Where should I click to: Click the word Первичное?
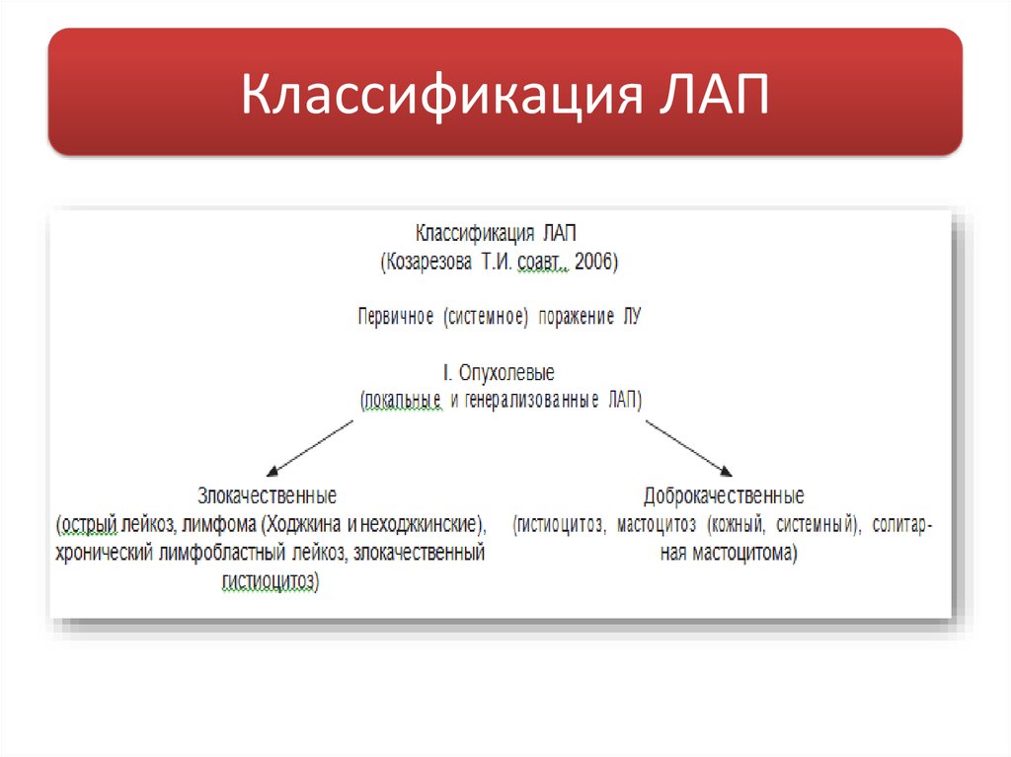click(x=396, y=317)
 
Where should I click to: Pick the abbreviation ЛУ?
click(x=633, y=317)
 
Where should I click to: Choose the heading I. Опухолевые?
click(x=499, y=374)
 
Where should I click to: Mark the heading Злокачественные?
click(x=267, y=493)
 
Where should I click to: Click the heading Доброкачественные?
click(x=724, y=494)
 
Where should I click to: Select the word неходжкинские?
click(x=418, y=522)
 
